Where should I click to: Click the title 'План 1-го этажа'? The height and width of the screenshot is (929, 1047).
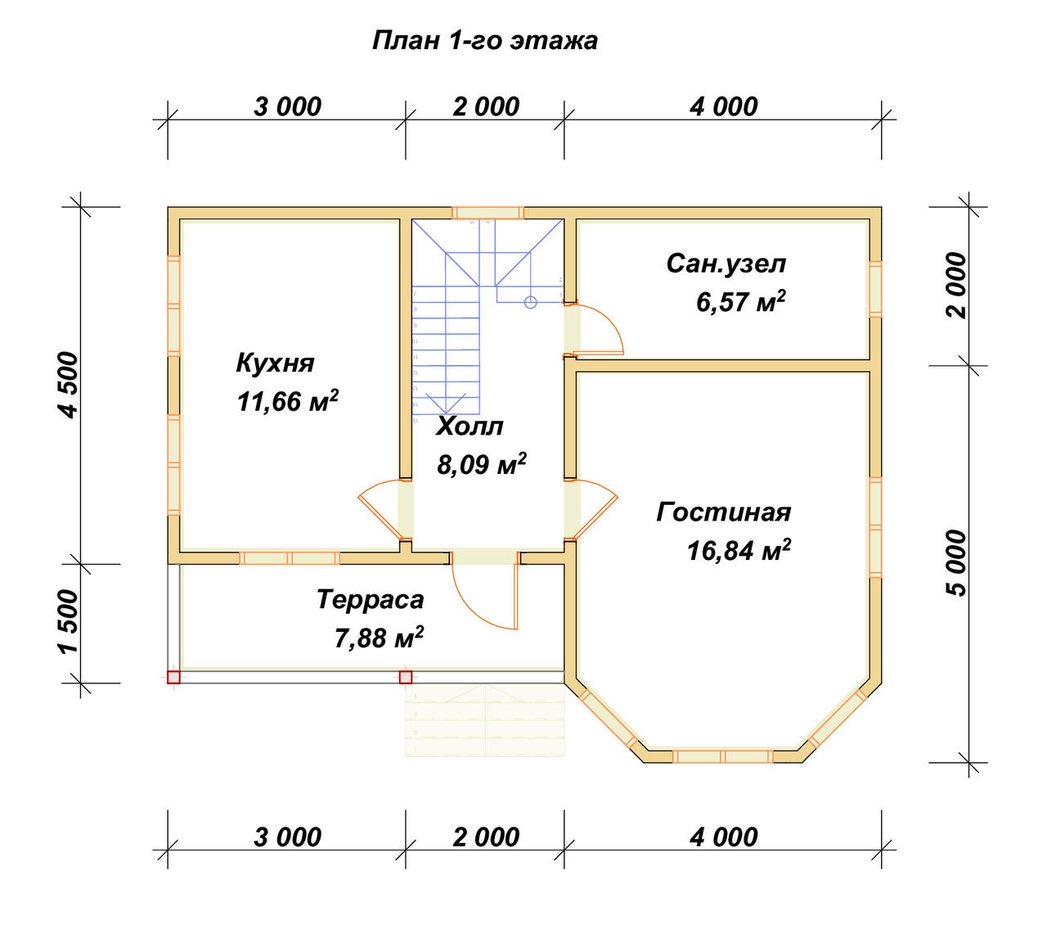[484, 41]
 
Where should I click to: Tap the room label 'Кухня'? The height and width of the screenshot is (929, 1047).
[275, 363]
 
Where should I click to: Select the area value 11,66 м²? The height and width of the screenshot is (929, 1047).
[287, 402]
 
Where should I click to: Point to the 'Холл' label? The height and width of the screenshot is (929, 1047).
[470, 426]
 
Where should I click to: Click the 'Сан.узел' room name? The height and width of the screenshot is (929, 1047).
[726, 264]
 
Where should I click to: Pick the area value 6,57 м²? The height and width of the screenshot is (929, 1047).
[740, 302]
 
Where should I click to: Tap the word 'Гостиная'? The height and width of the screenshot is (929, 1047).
[723, 512]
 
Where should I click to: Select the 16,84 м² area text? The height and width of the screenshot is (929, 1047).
[739, 551]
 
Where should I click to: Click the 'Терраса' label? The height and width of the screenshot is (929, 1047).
[371, 600]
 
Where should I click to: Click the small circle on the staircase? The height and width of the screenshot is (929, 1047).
[530, 302]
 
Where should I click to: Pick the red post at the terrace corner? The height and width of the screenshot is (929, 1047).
[173, 677]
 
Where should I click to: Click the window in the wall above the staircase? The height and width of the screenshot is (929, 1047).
[488, 213]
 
